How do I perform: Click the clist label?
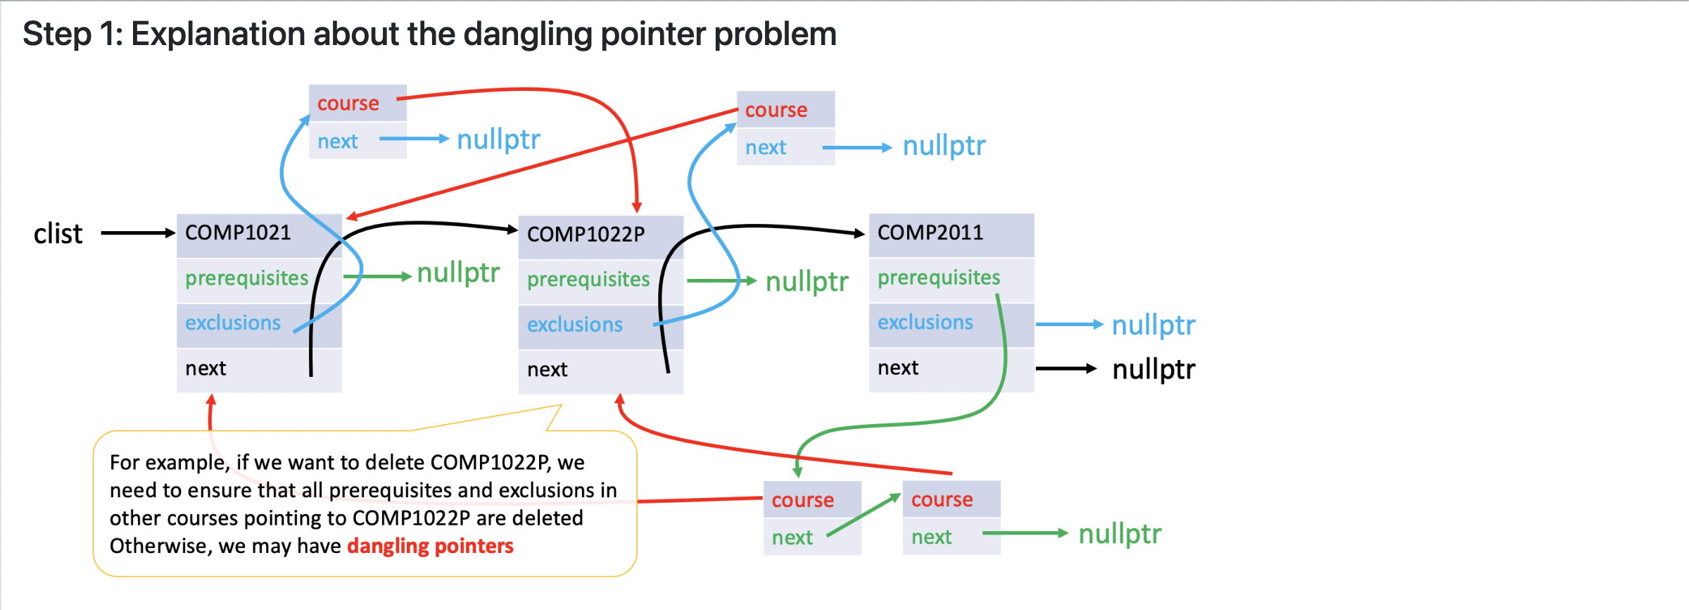[58, 233]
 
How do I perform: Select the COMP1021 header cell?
[259, 235]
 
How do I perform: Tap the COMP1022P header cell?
[601, 237]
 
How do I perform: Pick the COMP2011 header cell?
[951, 235]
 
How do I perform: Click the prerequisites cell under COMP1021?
[259, 280]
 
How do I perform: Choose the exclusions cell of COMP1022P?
[601, 326]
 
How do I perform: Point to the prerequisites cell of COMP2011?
[951, 280]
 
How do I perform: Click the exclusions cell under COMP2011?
[951, 325]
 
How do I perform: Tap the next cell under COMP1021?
[259, 370]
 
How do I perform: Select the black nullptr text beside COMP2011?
[1153, 369]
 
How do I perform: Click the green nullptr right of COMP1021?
[458, 273]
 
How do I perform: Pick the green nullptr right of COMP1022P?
[806, 282]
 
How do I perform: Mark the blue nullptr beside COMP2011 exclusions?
[1153, 325]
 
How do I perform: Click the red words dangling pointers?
[430, 546]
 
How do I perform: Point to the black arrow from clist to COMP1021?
[138, 233]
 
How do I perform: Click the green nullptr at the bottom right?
[1120, 534]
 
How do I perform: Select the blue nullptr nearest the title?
[498, 139]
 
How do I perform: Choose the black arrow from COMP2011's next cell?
[1066, 368]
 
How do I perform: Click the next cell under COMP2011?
[951, 370]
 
